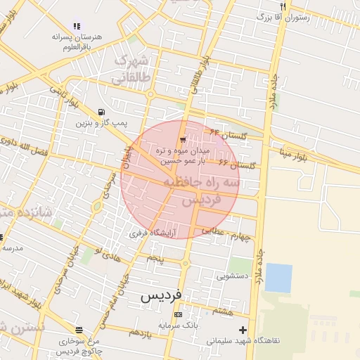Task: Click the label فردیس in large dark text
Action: [x=161, y=295]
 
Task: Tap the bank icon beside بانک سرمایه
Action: [x=178, y=314]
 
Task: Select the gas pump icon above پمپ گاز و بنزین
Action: [x=103, y=112]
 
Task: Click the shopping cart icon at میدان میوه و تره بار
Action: [x=183, y=139]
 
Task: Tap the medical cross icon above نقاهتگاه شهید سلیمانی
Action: [x=243, y=330]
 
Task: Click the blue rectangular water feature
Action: [x=278, y=278]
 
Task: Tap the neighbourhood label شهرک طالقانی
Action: [x=132, y=69]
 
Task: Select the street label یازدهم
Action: [x=141, y=332]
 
